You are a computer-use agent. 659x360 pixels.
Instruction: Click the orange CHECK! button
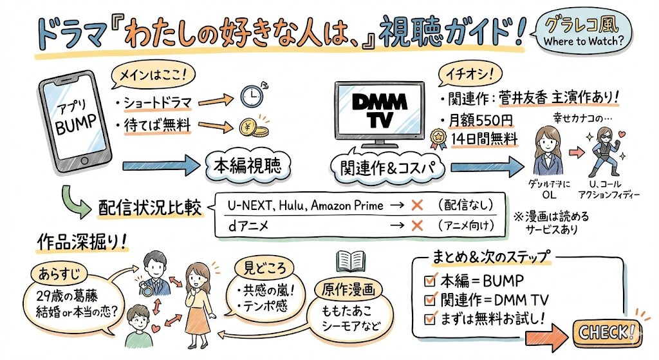607,332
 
